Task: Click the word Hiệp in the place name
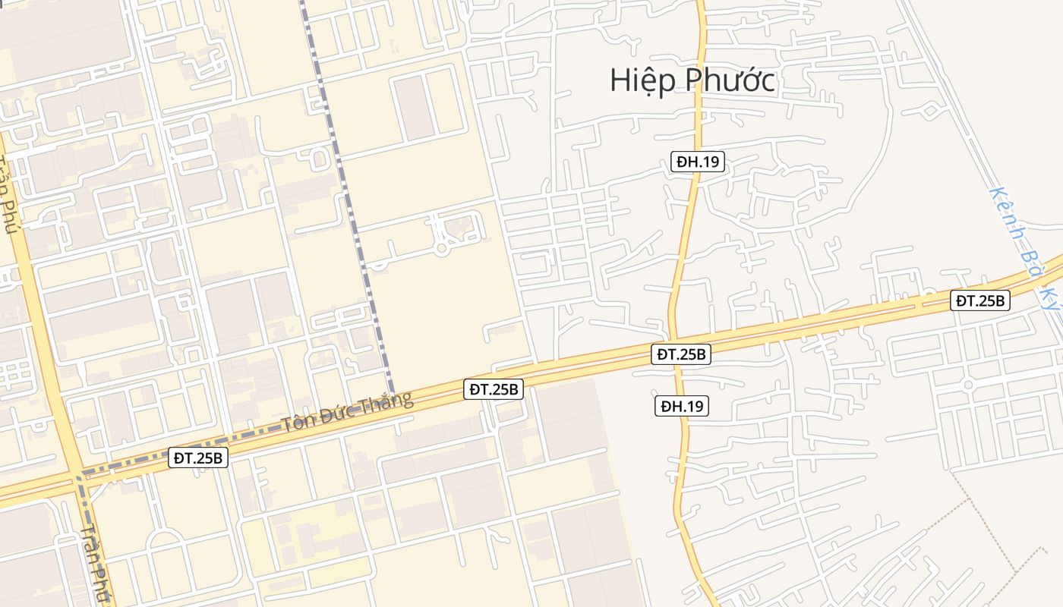pos(642,80)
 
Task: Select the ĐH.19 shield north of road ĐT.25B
pos(698,161)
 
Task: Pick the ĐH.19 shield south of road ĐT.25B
pos(682,406)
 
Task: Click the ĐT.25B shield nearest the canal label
pos(980,300)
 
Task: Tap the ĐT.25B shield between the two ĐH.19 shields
pos(681,354)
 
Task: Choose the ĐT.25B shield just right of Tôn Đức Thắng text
pos(494,389)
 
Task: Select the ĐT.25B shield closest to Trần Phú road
pos(197,458)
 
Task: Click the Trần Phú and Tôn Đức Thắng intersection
pos(79,476)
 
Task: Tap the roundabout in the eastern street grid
pos(968,385)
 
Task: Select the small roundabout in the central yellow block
pos(440,249)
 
